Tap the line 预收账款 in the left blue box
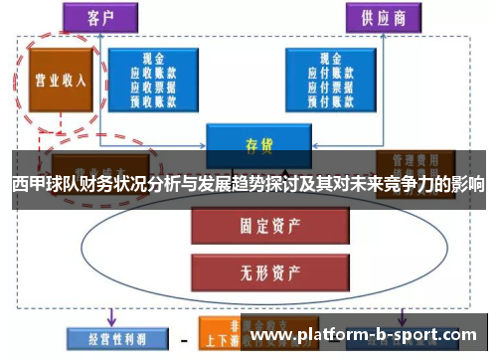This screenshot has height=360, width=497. tap(153, 98)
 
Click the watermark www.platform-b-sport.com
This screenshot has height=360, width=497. tap(362, 336)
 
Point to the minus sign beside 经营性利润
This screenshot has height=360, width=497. tap(184, 338)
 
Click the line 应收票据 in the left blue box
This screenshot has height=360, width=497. tap(153, 86)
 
